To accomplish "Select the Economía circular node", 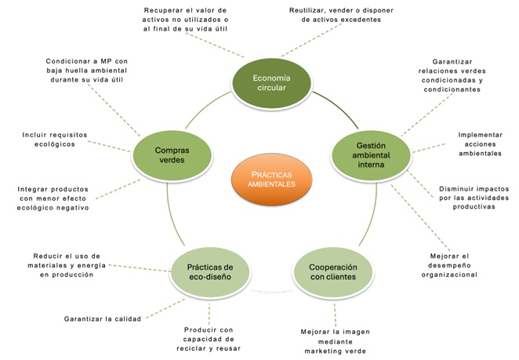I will click(269, 82).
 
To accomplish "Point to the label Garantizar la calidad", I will click(102, 318).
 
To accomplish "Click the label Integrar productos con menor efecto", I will click(53, 198).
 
